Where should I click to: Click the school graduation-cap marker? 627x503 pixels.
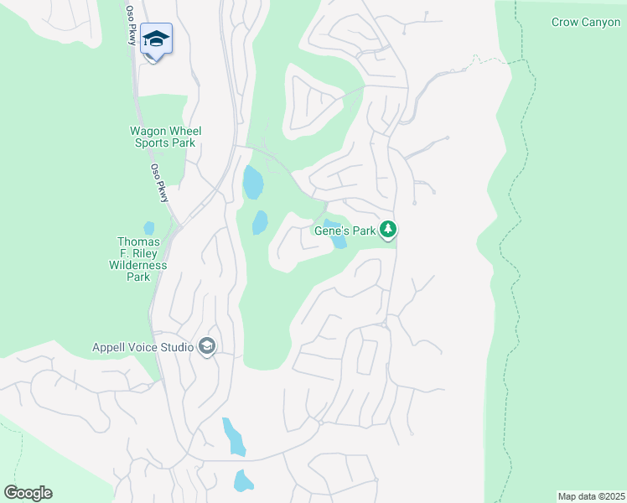tap(157, 39)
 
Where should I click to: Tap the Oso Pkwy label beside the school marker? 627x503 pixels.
tap(131, 24)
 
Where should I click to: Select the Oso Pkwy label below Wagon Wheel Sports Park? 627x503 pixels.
tap(160, 182)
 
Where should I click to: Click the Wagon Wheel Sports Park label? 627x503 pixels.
tap(165, 137)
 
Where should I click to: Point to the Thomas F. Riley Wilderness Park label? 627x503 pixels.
tap(138, 259)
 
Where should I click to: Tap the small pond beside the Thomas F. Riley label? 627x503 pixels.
tap(149, 227)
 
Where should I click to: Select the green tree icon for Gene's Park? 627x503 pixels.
tap(387, 228)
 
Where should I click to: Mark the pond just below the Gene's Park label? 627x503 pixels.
tap(338, 241)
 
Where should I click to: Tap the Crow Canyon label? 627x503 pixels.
tap(585, 23)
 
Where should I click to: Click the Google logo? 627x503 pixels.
tap(28, 493)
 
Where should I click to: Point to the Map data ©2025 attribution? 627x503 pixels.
tap(590, 496)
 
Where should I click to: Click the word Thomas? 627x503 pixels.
tap(138, 241)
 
